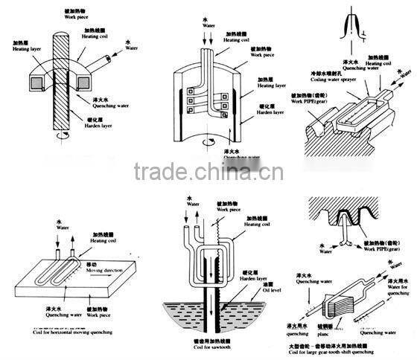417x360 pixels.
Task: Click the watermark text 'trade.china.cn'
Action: click(208, 173)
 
